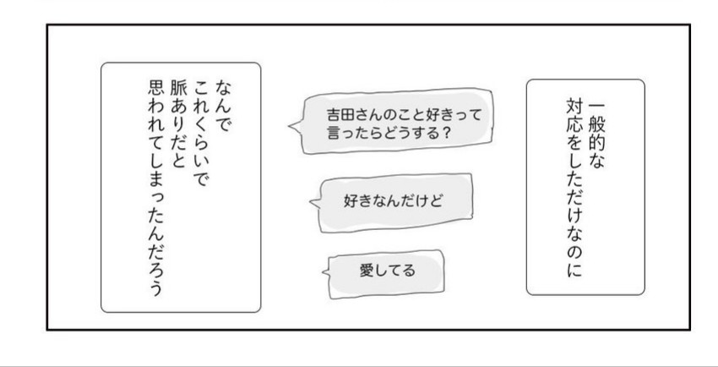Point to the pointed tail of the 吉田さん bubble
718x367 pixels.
291,129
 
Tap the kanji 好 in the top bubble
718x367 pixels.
422,114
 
